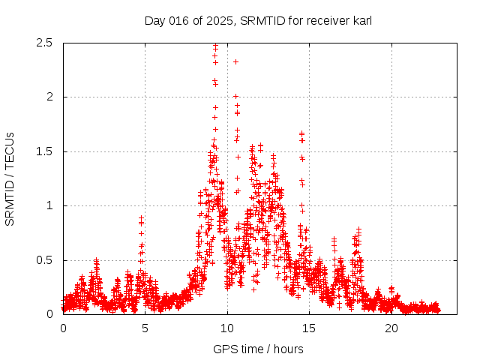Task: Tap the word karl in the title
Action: [360, 20]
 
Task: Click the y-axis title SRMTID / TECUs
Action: [10, 178]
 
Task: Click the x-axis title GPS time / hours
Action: [258, 349]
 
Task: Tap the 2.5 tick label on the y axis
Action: [44, 43]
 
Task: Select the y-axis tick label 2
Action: [49, 97]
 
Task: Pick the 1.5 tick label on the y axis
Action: [44, 151]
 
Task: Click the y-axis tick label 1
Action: [49, 205]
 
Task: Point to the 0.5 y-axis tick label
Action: [44, 260]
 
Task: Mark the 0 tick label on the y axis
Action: [49, 314]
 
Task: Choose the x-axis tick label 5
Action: [145, 328]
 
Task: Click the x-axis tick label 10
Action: [227, 328]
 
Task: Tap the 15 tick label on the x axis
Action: [309, 328]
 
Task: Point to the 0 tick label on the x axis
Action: [63, 328]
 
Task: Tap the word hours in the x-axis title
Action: [288, 349]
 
